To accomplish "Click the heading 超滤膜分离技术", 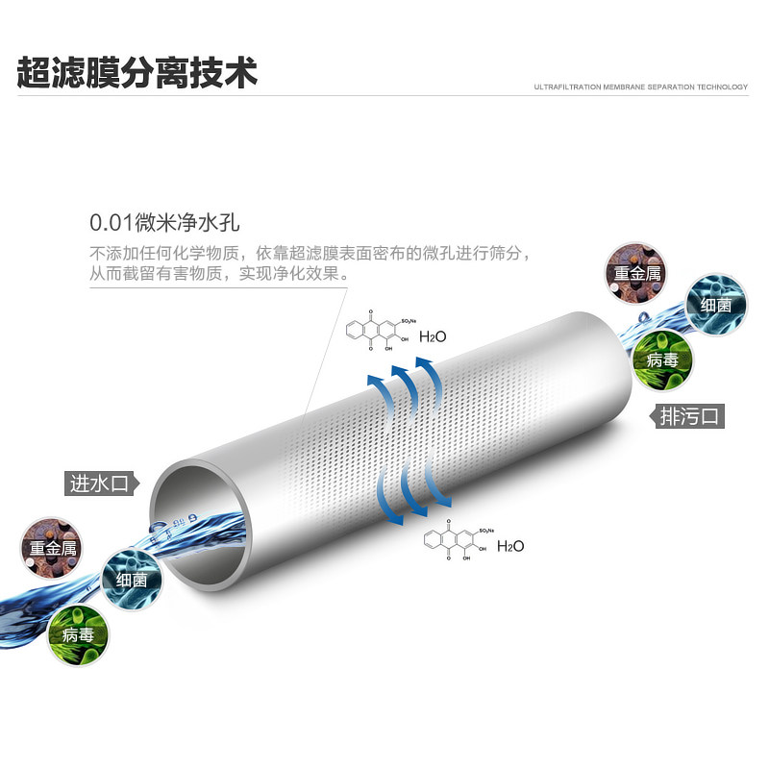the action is point(137,73).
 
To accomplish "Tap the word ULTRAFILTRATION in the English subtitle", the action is point(568,87).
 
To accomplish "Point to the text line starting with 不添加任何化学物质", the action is point(310,254).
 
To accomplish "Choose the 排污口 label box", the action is point(690,416).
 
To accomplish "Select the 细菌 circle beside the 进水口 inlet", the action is point(131,579).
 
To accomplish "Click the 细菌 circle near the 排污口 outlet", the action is point(716,305).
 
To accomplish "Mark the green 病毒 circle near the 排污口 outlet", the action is point(663,360).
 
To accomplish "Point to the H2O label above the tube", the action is point(434,336).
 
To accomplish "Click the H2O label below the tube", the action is point(510,546).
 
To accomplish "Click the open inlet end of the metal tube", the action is point(202,524).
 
